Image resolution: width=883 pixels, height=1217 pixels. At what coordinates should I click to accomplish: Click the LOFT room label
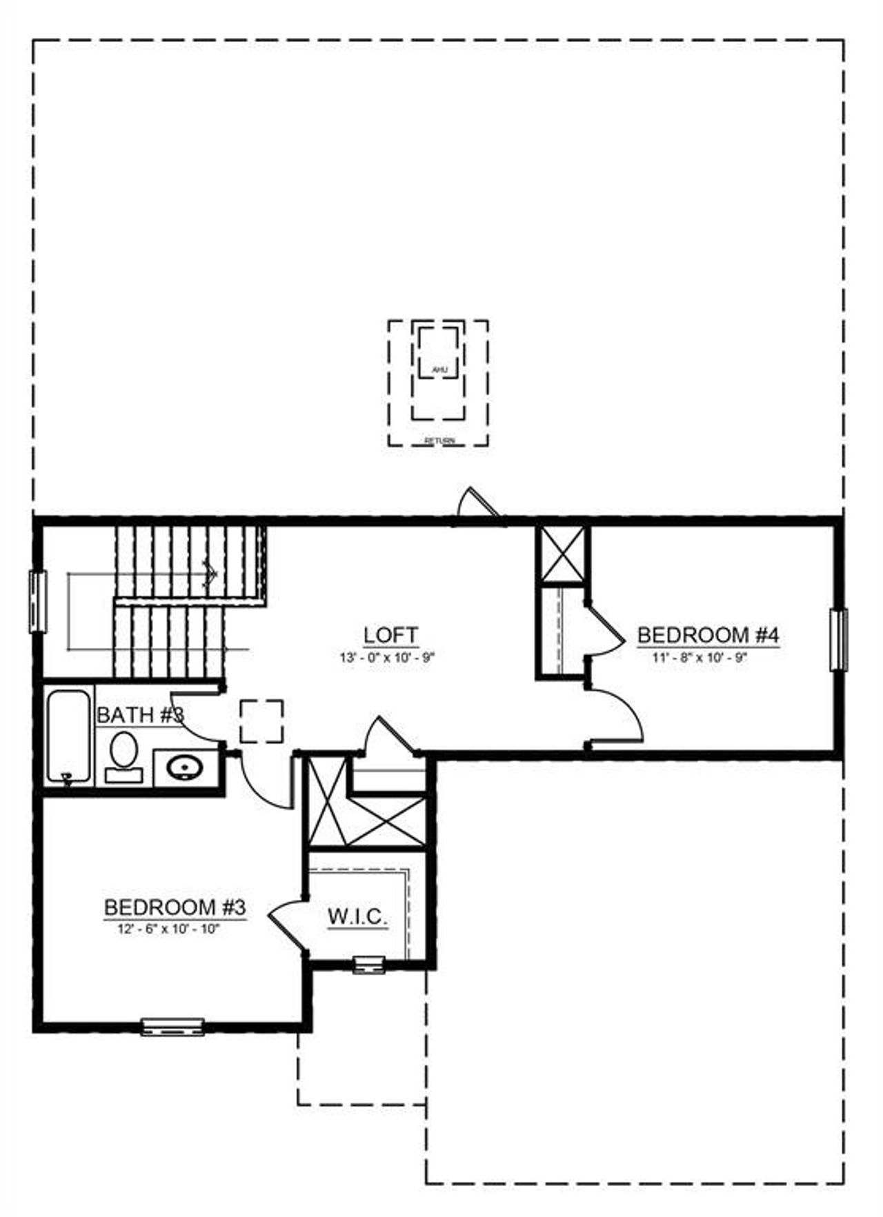tap(390, 634)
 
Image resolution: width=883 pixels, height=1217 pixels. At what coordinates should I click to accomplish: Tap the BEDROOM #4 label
tap(708, 634)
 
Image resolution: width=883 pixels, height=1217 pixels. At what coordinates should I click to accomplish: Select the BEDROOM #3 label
tap(175, 907)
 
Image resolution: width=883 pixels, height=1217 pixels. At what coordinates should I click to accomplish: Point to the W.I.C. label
tap(357, 917)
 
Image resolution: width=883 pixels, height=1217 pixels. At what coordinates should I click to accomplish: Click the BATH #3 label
tap(140, 715)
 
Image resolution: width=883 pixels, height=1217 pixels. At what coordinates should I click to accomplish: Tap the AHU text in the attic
tap(439, 370)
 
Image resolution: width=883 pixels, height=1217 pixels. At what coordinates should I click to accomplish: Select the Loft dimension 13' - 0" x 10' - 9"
tap(388, 657)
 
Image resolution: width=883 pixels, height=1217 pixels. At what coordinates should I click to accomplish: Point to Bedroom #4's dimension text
tap(700, 657)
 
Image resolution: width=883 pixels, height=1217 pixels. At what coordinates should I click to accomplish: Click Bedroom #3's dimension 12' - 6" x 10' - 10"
tap(168, 929)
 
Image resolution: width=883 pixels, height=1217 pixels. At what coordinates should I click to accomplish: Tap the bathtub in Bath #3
tap(68, 736)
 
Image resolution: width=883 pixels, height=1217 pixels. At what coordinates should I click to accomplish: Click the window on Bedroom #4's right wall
tap(838, 639)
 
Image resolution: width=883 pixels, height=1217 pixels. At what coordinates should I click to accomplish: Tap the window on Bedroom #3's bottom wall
tap(172, 1026)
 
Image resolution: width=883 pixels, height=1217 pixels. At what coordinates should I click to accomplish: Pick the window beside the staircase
tap(37, 601)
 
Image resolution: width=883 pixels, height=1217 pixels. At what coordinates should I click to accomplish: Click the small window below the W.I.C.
tap(369, 965)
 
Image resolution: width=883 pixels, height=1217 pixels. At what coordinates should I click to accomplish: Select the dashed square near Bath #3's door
tap(261, 721)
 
